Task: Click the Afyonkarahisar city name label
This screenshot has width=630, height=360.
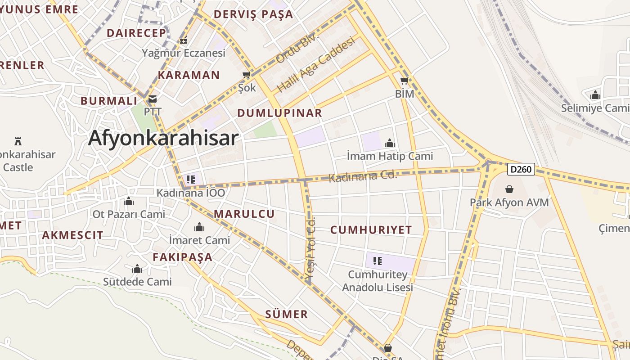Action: tap(163, 138)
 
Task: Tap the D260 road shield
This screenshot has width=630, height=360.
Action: tap(521, 169)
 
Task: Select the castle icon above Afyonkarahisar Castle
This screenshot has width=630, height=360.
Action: tap(18, 141)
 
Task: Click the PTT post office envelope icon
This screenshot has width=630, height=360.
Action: tap(153, 99)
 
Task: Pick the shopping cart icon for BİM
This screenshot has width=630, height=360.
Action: tap(404, 81)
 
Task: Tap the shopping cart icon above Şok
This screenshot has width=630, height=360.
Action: tap(246, 75)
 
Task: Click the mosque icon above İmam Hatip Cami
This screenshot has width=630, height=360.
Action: tap(390, 144)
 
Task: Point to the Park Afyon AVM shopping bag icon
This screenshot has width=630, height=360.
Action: tap(509, 189)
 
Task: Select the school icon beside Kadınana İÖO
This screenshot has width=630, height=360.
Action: tap(191, 179)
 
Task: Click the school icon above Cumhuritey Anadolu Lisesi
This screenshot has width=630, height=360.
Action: tap(378, 261)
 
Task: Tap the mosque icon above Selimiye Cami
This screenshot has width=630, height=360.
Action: tap(595, 95)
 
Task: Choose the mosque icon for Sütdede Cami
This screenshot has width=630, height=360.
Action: tap(137, 269)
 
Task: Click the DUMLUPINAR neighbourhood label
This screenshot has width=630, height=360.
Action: tap(279, 113)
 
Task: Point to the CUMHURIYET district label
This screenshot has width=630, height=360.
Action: tap(371, 230)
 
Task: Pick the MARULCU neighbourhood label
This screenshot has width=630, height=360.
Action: tap(244, 214)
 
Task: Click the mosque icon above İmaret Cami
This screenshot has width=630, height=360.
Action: tap(199, 227)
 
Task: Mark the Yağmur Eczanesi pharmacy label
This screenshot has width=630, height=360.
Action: tap(183, 53)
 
